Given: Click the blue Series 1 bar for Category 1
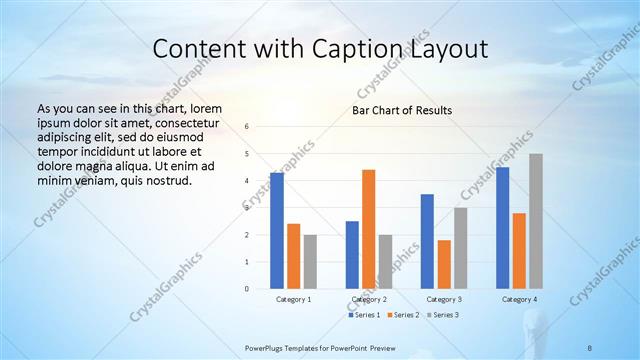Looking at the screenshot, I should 276,231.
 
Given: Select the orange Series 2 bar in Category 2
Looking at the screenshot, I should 368,229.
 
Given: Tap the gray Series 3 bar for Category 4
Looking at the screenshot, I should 536,221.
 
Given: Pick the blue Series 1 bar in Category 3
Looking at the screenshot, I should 427,241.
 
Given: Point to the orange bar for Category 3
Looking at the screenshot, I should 444,264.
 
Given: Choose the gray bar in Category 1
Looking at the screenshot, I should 310,261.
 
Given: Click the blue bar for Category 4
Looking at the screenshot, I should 502,228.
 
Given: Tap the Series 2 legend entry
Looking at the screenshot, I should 402,315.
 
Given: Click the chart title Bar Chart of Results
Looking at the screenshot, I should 401,110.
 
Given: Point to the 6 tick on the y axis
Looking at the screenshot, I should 246,127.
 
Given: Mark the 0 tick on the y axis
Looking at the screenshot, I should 246,289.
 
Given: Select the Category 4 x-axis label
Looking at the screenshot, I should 519,299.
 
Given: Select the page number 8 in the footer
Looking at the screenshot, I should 590,348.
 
